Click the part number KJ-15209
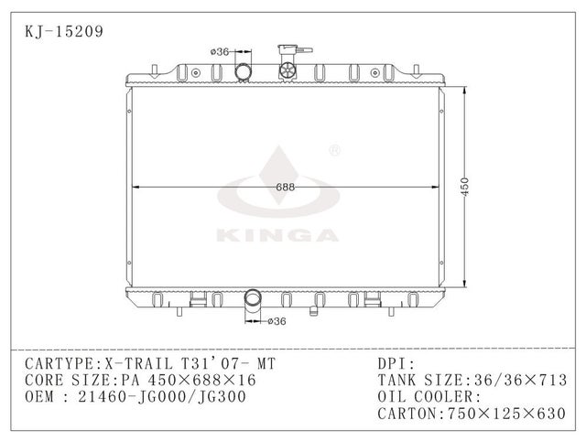(63, 30)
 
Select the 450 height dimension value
(465, 187)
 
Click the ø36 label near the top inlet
(219, 52)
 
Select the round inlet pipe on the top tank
(244, 72)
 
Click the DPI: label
(396, 364)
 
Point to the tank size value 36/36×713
(521, 381)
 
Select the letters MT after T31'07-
(263, 364)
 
